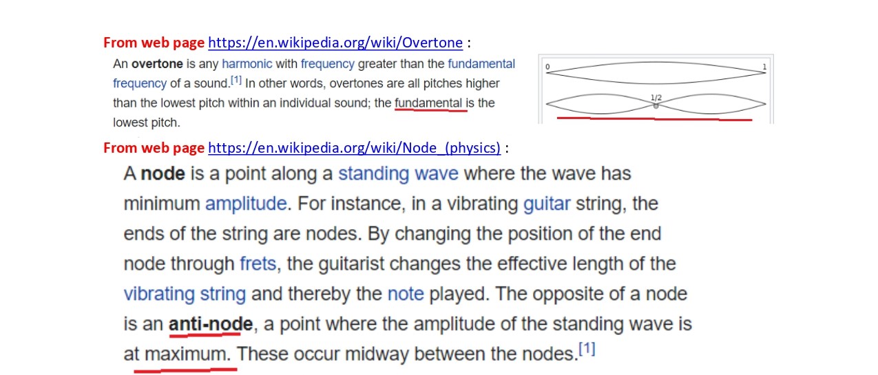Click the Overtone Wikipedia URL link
pos(335,43)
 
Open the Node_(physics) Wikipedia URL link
pos(355,148)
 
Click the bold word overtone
pos(157,64)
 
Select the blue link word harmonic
pos(247,64)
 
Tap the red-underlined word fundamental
pos(428,103)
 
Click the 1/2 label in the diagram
pos(656,97)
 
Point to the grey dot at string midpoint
pos(656,106)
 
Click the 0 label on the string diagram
pos(547,67)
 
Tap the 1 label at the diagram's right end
pos(764,67)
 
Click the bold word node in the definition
pos(163,173)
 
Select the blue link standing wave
pos(398,173)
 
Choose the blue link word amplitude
pos(246,204)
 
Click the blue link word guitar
pos(547,204)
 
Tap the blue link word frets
pos(258,264)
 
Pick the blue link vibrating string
pos(185,294)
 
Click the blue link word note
pos(406,294)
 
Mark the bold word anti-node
pos(211,324)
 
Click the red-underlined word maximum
pos(185,354)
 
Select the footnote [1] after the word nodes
pos(587,348)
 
